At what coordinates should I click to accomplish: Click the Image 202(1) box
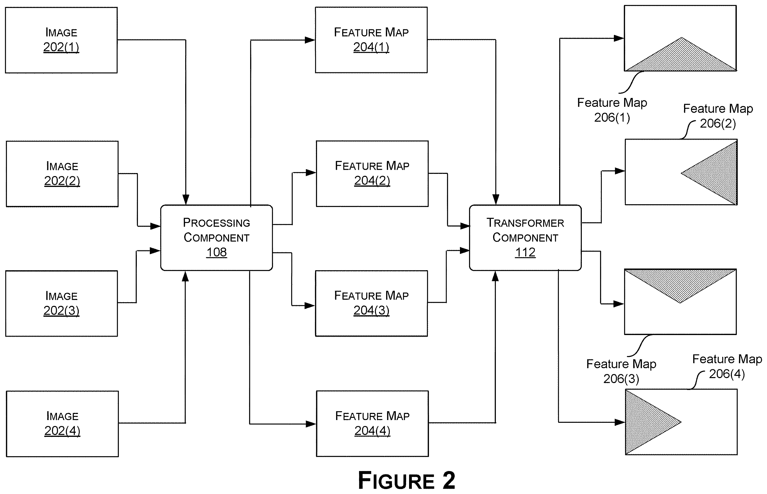[x=61, y=40]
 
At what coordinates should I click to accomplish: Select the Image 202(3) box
[x=61, y=304]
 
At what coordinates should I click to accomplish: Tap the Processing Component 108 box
[x=216, y=238]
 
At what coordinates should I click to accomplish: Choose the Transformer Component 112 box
[x=525, y=238]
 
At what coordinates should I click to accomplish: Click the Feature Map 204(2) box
[x=372, y=174]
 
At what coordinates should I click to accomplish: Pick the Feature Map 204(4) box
[x=372, y=424]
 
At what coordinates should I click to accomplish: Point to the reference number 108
[x=216, y=252]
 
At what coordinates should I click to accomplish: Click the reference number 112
[x=525, y=252]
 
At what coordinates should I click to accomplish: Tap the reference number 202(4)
[x=62, y=431]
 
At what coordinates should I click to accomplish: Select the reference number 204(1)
[x=371, y=47]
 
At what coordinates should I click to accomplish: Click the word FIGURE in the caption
[x=396, y=480]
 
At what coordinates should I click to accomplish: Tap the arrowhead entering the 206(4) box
[x=620, y=422]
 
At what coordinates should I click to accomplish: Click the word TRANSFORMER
[x=525, y=223]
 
